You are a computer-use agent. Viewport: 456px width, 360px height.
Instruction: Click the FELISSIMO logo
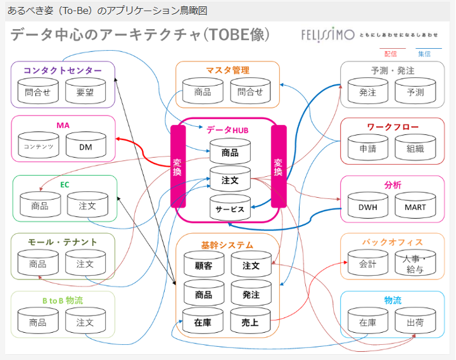(x=327, y=35)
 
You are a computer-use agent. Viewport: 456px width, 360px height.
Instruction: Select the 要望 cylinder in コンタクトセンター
(x=85, y=92)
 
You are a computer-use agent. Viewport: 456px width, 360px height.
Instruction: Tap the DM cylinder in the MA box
(x=85, y=146)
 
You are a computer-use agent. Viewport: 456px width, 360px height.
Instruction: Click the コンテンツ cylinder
(x=38, y=146)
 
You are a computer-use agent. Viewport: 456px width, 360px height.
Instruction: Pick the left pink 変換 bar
(x=177, y=166)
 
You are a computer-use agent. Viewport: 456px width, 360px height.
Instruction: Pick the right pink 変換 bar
(x=278, y=166)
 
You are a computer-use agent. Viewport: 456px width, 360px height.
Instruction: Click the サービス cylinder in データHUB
(x=230, y=208)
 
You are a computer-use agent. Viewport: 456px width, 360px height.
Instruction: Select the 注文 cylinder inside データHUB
(x=230, y=180)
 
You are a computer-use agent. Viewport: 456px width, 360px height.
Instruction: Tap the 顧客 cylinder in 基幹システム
(x=203, y=266)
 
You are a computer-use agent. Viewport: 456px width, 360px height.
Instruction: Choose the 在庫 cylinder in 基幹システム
(x=203, y=322)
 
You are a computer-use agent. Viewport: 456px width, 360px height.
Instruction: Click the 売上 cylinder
(x=251, y=322)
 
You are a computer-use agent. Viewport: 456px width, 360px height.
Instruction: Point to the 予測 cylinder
(x=415, y=92)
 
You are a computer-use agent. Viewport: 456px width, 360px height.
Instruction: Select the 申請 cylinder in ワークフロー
(x=368, y=148)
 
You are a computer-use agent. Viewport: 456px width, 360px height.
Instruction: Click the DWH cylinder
(x=368, y=207)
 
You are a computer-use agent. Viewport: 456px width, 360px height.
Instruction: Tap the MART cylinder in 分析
(x=415, y=207)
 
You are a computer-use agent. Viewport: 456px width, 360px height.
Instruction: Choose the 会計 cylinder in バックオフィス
(x=368, y=264)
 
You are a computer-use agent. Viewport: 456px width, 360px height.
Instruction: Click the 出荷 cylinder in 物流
(x=415, y=322)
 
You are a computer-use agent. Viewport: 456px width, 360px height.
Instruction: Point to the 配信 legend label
(x=391, y=54)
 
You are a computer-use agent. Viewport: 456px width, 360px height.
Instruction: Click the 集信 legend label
(x=424, y=54)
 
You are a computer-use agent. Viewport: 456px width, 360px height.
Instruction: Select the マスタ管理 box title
(x=227, y=70)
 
